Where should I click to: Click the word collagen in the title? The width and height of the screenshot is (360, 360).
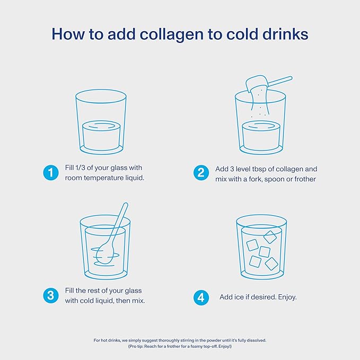pos(171,34)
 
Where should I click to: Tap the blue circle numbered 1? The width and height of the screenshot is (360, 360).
pos(51,172)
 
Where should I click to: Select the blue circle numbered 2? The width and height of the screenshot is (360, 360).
pos(201,172)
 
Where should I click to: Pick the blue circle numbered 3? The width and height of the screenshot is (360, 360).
pos(51,295)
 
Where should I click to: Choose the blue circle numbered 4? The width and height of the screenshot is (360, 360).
pos(201,297)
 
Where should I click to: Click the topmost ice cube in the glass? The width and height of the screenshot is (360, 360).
pos(270,237)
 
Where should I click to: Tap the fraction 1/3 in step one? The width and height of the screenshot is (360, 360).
pos(80,168)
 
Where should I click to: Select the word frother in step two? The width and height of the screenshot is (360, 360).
pos(305,179)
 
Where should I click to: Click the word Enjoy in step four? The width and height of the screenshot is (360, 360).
pos(287,297)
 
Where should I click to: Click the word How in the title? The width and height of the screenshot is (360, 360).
pos(68,34)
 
